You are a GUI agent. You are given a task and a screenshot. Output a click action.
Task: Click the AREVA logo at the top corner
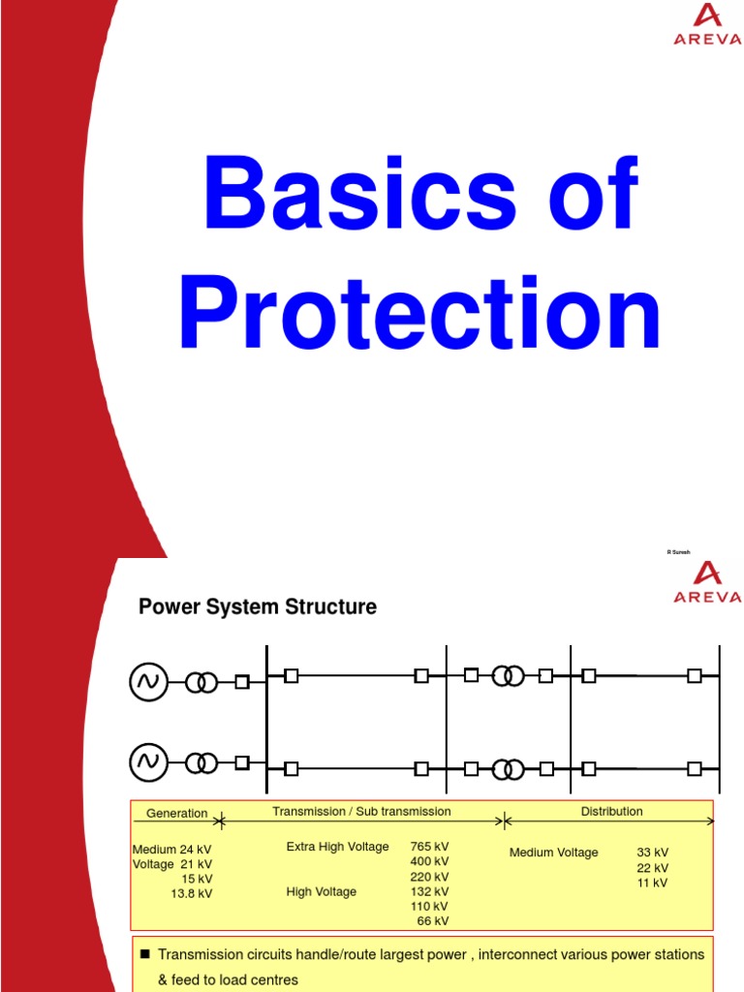coord(708,24)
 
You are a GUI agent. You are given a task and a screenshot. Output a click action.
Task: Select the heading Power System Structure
coord(258,607)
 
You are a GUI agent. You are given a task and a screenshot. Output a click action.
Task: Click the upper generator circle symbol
coord(148,682)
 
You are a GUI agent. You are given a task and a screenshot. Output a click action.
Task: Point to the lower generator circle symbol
coord(148,761)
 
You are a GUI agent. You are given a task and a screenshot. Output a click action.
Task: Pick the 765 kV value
coord(429,847)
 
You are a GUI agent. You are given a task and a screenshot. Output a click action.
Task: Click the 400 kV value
coord(429,861)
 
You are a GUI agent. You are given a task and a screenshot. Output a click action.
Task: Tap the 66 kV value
coord(432,921)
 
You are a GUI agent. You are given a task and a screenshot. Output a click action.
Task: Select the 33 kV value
coord(652,852)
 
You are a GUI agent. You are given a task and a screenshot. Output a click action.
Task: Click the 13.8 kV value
coord(192,894)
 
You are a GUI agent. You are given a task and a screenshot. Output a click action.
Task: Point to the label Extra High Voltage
coord(337,847)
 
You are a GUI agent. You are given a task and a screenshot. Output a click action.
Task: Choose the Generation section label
coord(176,814)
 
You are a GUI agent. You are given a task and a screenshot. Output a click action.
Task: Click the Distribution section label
coord(611,812)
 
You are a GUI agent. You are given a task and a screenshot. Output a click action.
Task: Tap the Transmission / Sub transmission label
coord(361,812)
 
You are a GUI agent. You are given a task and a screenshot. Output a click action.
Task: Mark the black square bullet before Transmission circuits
coord(145,954)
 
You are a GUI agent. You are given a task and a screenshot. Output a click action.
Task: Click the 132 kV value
coord(429,891)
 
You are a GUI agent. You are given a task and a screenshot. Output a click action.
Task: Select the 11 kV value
coord(652,883)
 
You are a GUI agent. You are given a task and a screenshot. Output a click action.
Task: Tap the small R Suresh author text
coord(678,552)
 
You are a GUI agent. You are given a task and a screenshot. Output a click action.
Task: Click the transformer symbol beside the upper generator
coord(202,682)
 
